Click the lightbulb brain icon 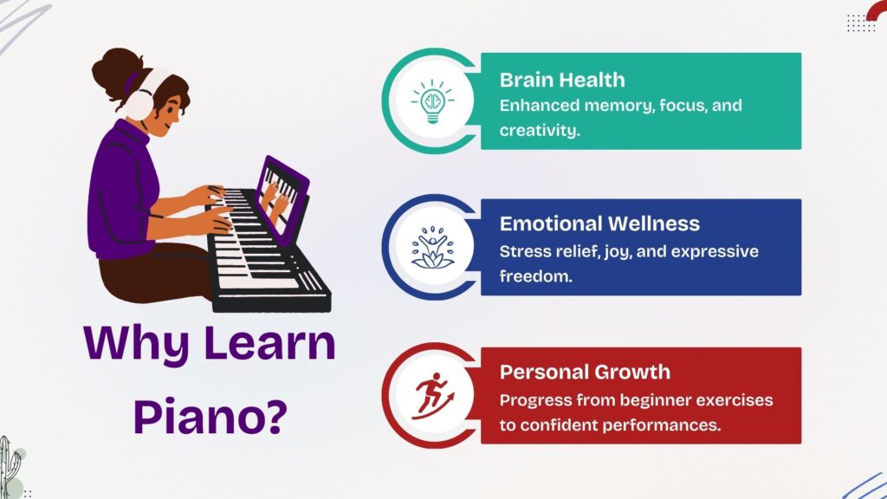[x=432, y=101]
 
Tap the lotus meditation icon [x=432, y=248]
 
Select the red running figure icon [x=432, y=395]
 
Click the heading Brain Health [x=561, y=80]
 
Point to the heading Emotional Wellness [x=599, y=224]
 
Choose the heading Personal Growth [x=585, y=373]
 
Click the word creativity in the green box [x=538, y=131]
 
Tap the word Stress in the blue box [x=522, y=251]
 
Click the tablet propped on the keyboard [x=282, y=197]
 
